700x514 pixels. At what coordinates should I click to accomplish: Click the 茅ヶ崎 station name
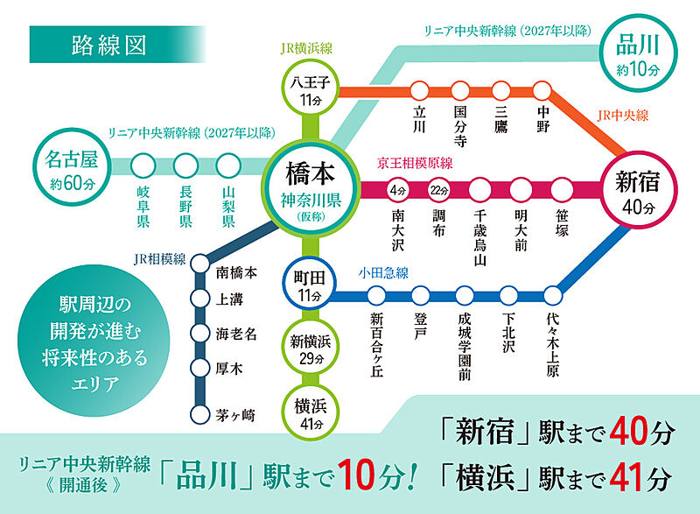(237, 415)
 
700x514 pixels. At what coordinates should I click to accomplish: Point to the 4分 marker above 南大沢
(398, 189)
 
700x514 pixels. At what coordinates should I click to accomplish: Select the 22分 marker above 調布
(439, 189)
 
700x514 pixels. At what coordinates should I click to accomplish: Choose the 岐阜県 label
(143, 207)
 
